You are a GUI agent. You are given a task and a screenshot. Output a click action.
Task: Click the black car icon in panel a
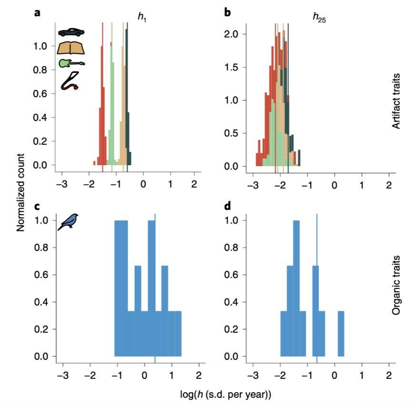(71, 32)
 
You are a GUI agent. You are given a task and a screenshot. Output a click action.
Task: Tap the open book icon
(71, 48)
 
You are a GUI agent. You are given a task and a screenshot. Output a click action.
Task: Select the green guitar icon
(71, 63)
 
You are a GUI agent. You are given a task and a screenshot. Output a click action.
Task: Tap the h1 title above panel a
(142, 17)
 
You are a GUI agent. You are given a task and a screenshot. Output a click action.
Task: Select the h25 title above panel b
(319, 17)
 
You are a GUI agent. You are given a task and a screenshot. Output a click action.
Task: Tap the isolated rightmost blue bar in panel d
(341, 333)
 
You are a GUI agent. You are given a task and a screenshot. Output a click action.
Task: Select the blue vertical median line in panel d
(317, 286)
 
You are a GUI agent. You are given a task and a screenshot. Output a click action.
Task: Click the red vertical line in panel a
(102, 95)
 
